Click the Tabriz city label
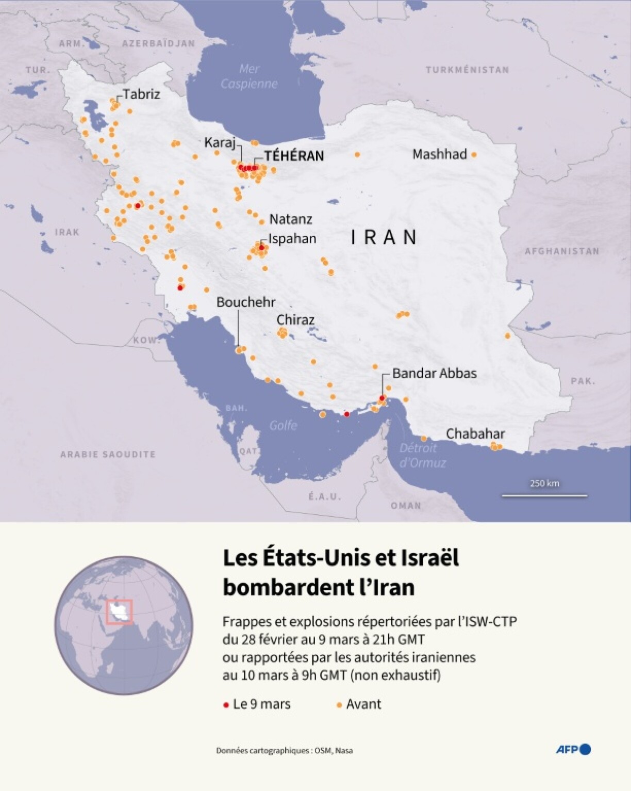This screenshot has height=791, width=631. [x=141, y=94]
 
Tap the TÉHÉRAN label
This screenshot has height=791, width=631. [x=294, y=156]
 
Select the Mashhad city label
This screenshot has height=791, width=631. [x=439, y=154]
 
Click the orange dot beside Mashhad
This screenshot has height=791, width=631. [x=474, y=154]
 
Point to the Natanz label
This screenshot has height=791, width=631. [x=290, y=219]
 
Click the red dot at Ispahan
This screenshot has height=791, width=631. [x=261, y=248]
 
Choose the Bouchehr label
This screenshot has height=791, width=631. [x=246, y=302]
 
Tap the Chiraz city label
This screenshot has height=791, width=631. [x=295, y=320]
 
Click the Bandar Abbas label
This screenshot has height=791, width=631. [x=434, y=373]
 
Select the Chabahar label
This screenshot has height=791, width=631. [x=475, y=433]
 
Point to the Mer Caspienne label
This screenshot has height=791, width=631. [x=249, y=76]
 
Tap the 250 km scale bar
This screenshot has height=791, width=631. [x=544, y=495]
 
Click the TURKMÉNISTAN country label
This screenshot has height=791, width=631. [x=467, y=70]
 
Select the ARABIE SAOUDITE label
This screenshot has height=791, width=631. [x=108, y=454]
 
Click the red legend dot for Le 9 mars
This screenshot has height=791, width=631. [x=226, y=705]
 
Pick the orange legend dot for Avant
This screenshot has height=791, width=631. [x=339, y=705]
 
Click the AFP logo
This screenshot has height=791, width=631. [x=573, y=749]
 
